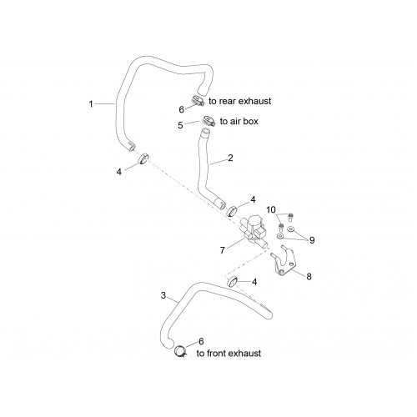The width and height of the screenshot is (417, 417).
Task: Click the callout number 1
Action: tap(91, 104)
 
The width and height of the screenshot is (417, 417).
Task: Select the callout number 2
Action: tap(230, 158)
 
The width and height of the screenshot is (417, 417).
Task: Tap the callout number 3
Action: tap(163, 295)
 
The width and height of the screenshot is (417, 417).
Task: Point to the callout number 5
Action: tap(180, 125)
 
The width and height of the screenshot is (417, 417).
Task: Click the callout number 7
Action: tap(222, 250)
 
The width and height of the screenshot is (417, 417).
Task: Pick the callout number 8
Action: tap(309, 277)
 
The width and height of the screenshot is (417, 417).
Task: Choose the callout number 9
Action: tap(312, 240)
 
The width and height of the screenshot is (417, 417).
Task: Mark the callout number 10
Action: tap(271, 210)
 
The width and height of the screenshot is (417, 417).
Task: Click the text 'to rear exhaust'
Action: tap(240, 101)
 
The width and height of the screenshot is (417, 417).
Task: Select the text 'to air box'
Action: tap(239, 122)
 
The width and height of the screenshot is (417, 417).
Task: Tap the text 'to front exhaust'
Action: tap(229, 354)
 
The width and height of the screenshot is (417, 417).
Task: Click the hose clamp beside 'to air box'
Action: tap(208, 122)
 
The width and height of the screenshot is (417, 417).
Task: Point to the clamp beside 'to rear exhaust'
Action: tap(198, 101)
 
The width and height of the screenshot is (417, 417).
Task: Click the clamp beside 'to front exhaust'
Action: tap(180, 351)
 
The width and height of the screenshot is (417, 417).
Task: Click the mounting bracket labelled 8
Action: tap(282, 260)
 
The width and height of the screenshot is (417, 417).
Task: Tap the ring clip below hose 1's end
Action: tap(143, 158)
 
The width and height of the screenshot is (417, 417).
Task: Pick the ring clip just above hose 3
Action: tap(233, 282)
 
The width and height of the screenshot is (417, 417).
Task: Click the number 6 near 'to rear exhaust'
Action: tap(181, 110)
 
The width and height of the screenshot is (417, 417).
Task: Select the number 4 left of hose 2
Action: tap(119, 172)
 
